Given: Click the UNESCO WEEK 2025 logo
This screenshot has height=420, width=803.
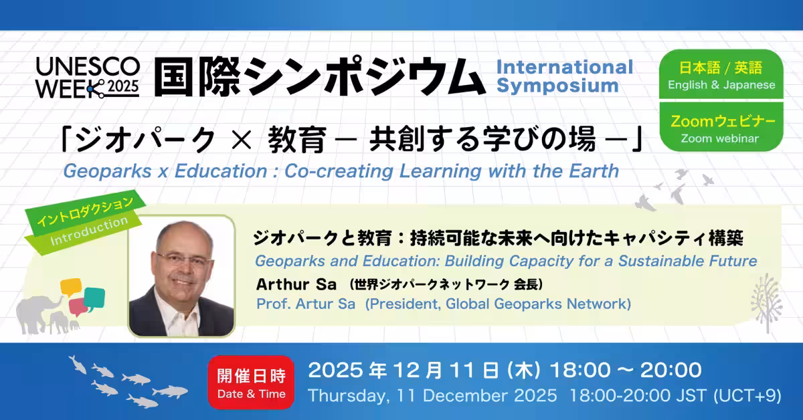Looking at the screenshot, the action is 88,78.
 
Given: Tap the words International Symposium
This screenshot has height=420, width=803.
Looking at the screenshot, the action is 565,76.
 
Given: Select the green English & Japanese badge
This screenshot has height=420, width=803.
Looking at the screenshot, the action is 721,74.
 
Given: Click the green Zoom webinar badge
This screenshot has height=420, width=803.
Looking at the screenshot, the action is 721,127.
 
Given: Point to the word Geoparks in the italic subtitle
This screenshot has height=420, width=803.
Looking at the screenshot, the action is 107,171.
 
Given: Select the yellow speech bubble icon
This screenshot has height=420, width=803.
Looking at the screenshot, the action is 71,288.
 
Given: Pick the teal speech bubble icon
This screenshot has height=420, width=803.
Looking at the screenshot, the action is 94,300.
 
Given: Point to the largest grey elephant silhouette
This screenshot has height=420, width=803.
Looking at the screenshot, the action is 37,314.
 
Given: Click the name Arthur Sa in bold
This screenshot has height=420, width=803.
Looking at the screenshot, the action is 296,284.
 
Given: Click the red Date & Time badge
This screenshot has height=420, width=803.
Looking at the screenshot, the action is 251,383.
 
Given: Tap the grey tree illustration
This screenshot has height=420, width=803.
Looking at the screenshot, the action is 767,303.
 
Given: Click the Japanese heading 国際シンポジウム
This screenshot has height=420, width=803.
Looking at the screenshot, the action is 320,77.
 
